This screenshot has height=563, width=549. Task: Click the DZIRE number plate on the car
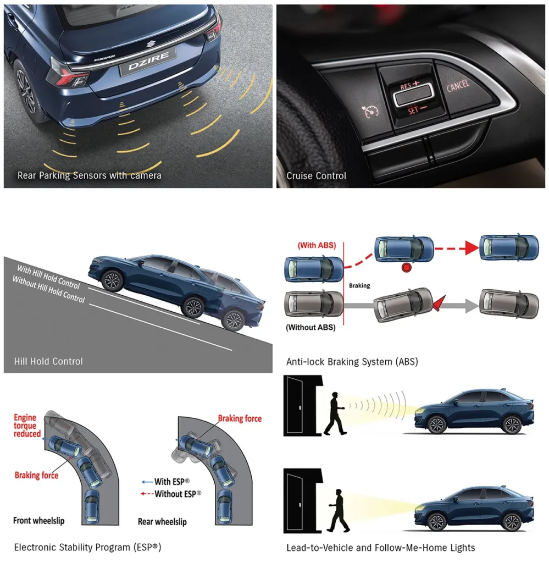(148, 62)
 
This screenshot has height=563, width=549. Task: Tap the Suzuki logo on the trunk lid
(150, 44)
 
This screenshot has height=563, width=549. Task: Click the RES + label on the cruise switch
(409, 85)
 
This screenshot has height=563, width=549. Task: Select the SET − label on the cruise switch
(417, 109)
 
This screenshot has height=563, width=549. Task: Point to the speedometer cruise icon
(370, 112)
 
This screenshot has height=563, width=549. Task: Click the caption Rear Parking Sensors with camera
(90, 175)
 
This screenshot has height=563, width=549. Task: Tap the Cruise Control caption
(316, 175)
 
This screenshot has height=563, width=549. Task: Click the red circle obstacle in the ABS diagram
(406, 268)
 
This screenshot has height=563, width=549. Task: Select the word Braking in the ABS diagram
(359, 285)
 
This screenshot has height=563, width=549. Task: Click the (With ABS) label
(317, 245)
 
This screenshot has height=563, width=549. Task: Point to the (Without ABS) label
(310, 328)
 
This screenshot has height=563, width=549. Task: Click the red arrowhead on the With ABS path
(472, 248)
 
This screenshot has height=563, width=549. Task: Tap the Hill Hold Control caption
(48, 361)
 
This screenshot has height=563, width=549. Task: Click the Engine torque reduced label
(27, 426)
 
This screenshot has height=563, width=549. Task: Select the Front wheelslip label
(39, 521)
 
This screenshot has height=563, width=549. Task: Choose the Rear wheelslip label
(162, 522)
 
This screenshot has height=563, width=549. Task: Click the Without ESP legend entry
(171, 494)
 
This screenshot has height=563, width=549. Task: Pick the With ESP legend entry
(166, 482)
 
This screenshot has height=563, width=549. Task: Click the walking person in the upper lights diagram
(335, 413)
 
